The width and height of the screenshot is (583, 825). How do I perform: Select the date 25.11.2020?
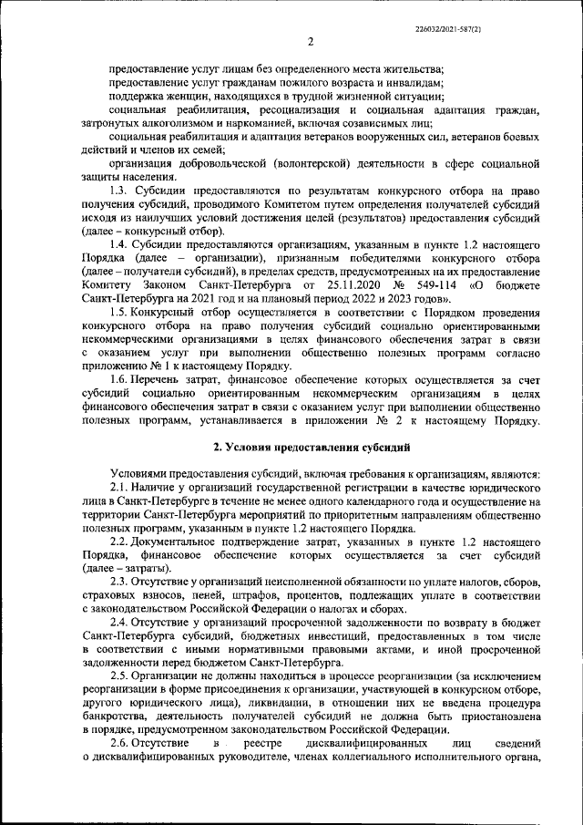[x=330, y=286]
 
